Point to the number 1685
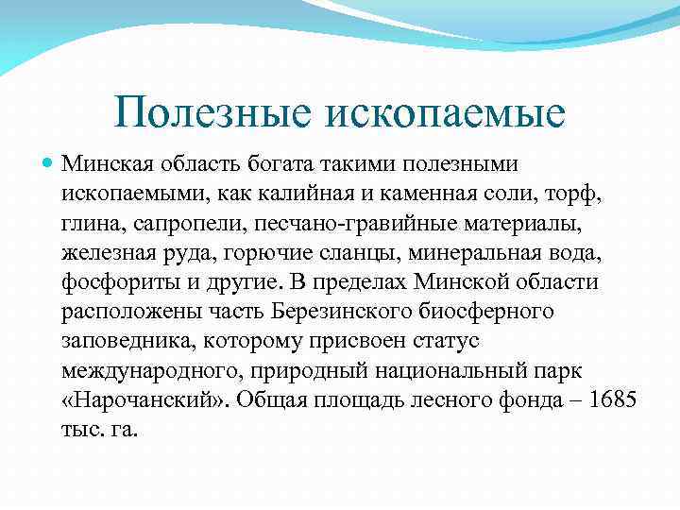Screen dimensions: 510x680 [613, 400]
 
